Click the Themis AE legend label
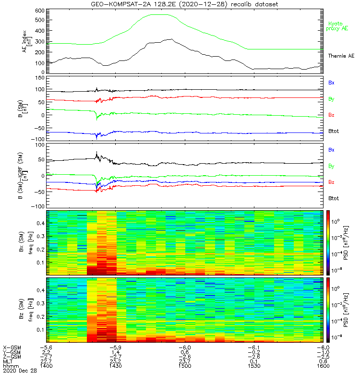click(340, 56)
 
